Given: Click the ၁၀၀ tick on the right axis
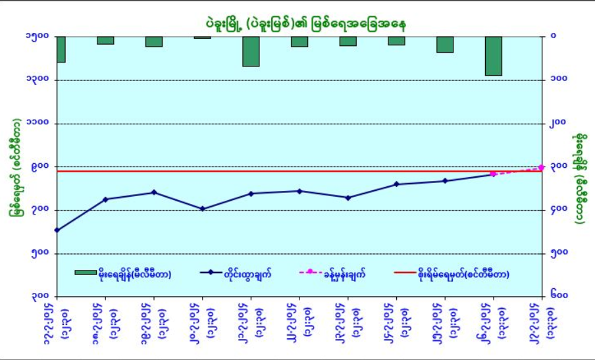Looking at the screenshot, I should click(559, 80).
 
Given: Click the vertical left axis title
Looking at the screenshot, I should click(14, 167).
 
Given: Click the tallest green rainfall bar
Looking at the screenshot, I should click(494, 56).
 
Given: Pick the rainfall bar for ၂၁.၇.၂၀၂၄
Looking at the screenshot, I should click(251, 51).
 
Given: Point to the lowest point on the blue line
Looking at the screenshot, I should click(57, 230).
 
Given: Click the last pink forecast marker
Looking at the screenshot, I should click(542, 168).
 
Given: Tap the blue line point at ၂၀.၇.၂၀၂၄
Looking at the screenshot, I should click(202, 209).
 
